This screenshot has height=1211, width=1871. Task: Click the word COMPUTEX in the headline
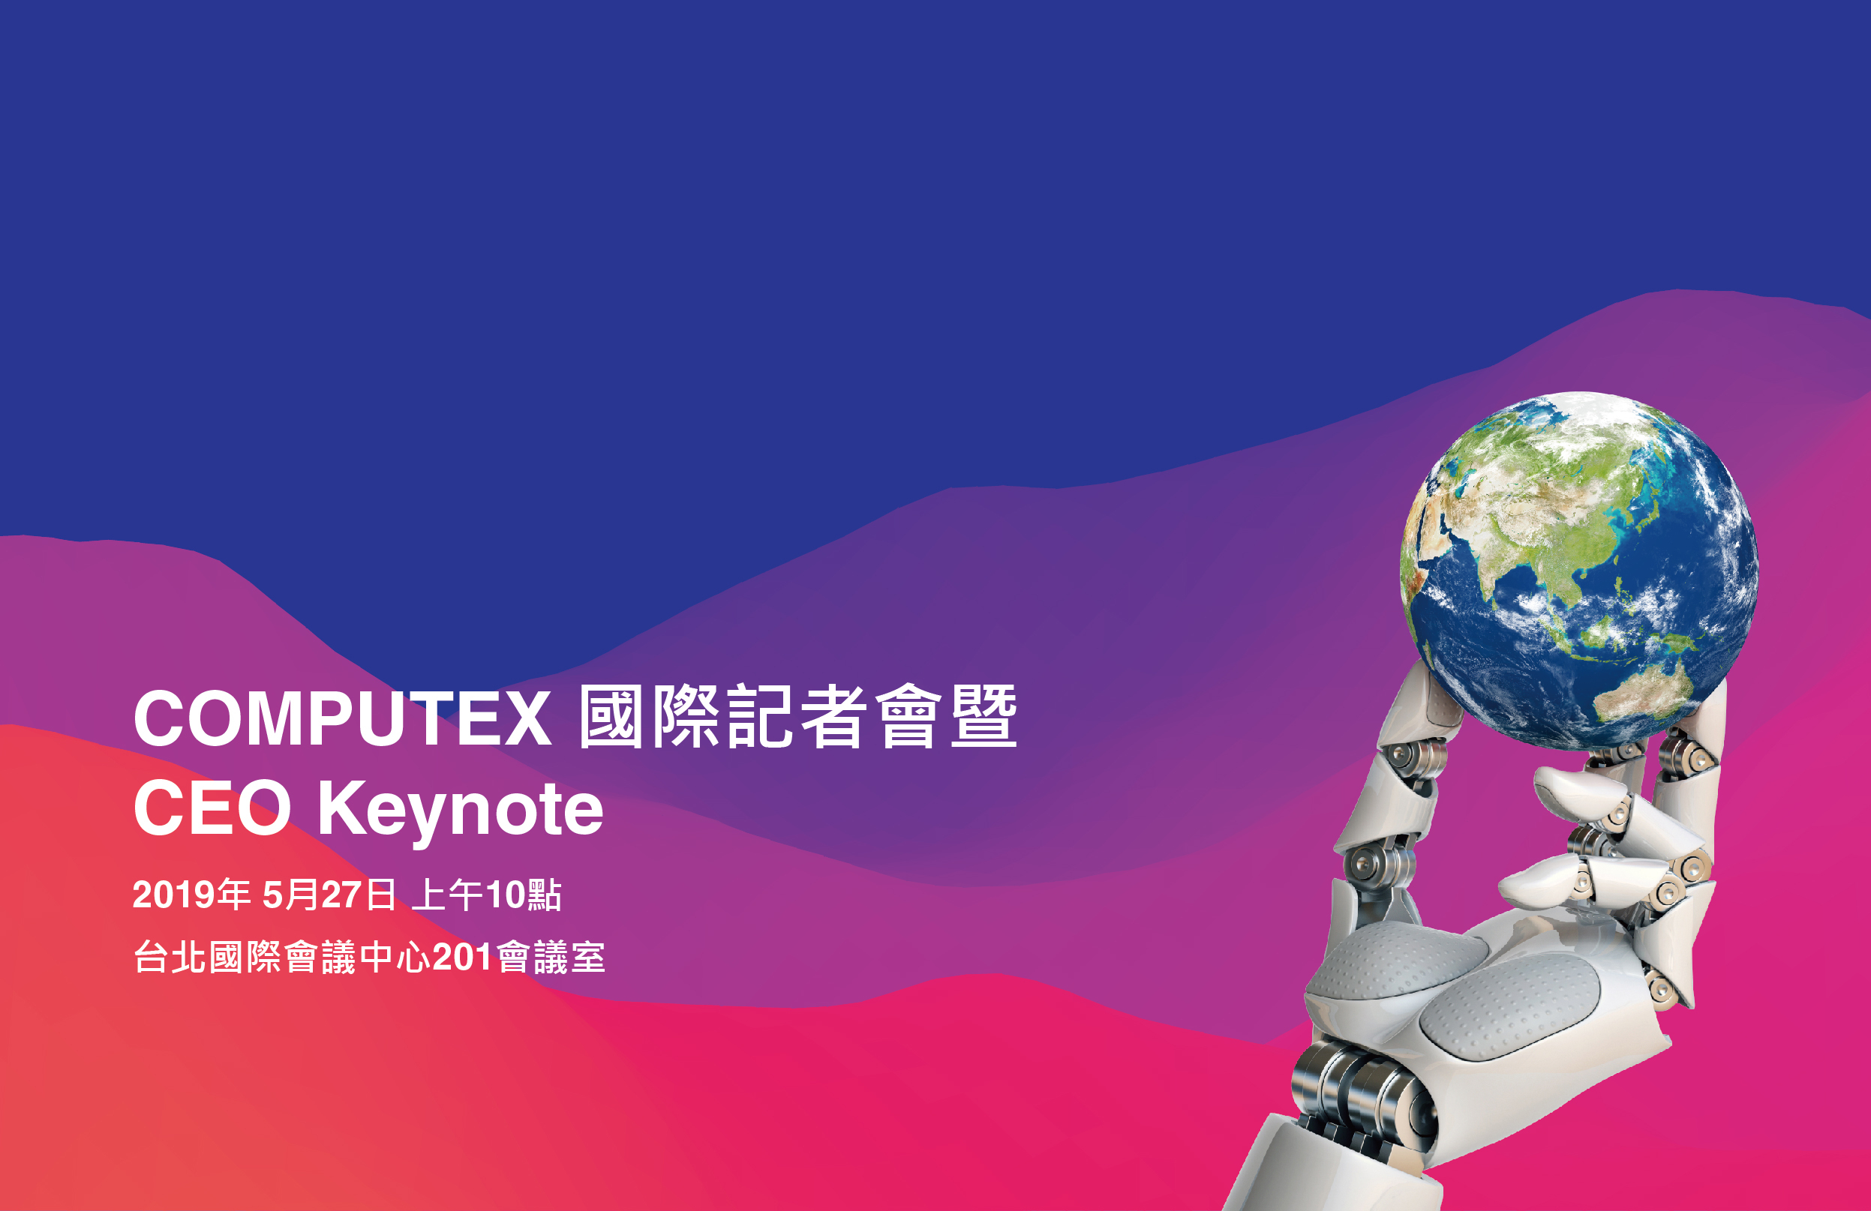[343, 718]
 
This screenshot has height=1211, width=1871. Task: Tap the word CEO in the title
[212, 808]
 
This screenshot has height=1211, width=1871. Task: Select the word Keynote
[461, 813]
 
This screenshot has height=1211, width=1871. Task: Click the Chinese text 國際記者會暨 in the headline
[798, 717]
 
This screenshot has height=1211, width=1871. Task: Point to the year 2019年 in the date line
[191, 895]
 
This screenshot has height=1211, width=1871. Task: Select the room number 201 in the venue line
[462, 957]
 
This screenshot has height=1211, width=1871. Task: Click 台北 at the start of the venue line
[170, 957]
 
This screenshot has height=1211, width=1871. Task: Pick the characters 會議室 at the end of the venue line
[551, 957]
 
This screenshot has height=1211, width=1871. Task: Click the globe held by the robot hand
[1578, 571]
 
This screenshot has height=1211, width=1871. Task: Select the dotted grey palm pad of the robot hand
[1509, 1006]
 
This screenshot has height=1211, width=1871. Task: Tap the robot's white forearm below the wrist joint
[1329, 1171]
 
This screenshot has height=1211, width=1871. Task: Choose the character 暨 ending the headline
[984, 717]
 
